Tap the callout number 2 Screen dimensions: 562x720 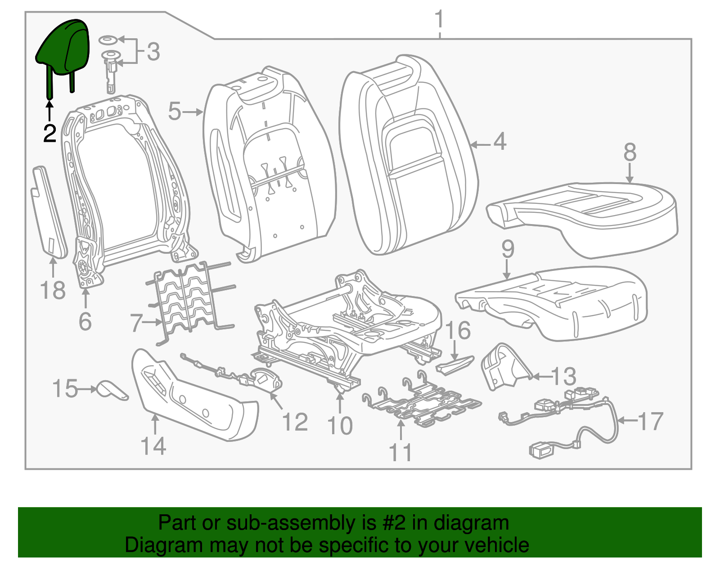[49, 134]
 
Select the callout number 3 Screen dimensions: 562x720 [153, 52]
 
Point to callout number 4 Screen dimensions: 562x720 [499, 142]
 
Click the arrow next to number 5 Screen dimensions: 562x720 [193, 112]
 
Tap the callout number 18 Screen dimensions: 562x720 [53, 290]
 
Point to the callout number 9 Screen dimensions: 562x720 [508, 249]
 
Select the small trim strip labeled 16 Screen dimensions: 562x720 [454, 364]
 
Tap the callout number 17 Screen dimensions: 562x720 [650, 421]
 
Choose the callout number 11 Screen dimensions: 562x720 [400, 452]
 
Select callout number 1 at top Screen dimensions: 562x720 [439, 20]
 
